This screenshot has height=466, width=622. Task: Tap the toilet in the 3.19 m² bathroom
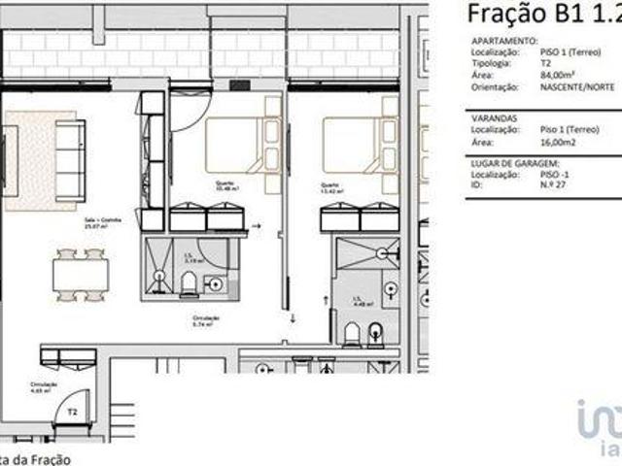[x=190, y=283]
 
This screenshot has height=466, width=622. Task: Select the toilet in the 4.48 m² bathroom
[x=352, y=333]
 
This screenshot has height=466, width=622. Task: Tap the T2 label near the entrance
[x=72, y=412]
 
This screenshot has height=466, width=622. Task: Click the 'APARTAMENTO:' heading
[x=503, y=42]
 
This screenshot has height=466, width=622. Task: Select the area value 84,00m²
[x=561, y=74]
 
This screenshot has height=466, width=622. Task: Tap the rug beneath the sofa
[x=29, y=160]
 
